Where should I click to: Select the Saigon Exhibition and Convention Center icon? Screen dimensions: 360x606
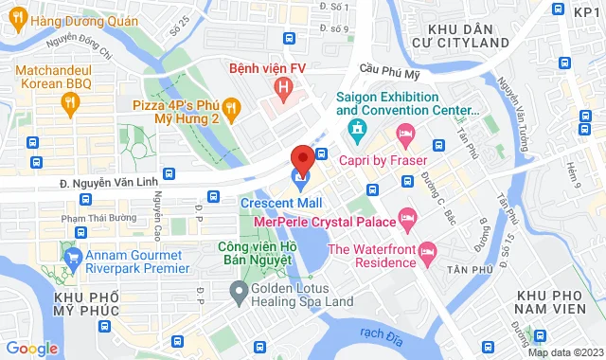(x=357, y=128)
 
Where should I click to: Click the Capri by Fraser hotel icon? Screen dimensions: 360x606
(x=406, y=135)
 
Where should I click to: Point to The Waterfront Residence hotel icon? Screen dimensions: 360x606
(x=426, y=250)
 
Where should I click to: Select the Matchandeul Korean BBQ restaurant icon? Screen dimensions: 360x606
(x=71, y=98)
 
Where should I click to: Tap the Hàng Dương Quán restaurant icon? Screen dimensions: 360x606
(x=18, y=20)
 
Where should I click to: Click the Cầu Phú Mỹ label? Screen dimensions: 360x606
(x=390, y=67)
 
